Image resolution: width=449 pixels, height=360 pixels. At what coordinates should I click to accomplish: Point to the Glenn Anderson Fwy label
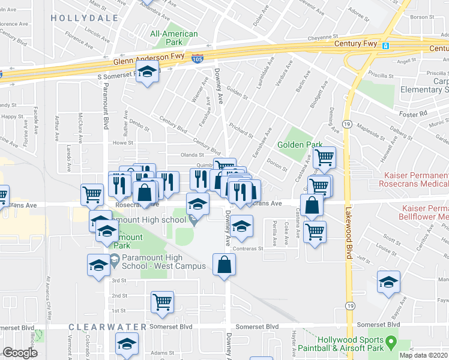tap(140, 60)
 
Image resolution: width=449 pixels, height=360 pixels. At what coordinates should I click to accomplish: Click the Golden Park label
tap(300, 145)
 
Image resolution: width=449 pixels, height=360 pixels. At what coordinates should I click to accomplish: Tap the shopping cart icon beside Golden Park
tap(324, 158)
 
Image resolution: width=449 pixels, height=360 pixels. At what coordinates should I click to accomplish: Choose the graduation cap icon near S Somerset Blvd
tap(146, 73)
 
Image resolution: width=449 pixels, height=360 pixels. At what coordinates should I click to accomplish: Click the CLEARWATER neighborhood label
tap(107, 327)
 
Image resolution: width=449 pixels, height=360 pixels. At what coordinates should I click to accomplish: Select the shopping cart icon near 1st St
tap(162, 302)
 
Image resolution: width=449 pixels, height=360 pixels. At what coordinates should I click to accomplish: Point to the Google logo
tap(20, 353)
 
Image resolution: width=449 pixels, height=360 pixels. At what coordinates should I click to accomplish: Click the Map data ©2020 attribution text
tap(424, 355)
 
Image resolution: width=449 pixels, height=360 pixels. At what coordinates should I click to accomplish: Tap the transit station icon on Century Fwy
tap(386, 46)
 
